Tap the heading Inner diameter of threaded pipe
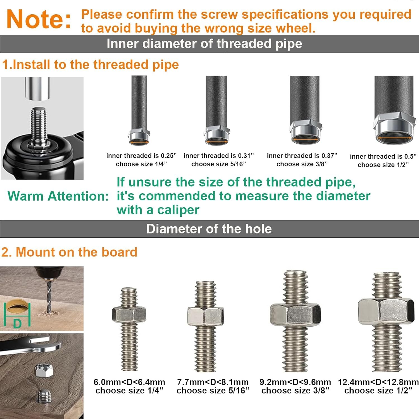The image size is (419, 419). (204, 44)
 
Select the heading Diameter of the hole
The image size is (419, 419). (209, 229)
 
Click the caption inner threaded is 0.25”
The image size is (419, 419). (142, 156)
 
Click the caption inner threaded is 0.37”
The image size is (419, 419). (302, 156)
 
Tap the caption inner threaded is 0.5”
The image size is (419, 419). (383, 156)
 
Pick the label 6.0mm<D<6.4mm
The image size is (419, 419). (129, 382)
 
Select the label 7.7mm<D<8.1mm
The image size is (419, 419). (213, 382)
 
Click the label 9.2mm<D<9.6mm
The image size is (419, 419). (295, 382)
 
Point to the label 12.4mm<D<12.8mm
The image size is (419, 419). (378, 382)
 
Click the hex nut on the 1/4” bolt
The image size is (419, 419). (129, 315)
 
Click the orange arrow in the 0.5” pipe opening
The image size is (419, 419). (394, 138)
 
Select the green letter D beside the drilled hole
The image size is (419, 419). (17, 324)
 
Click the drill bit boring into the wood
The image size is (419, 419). (49, 296)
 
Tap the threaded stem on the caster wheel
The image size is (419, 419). (39, 125)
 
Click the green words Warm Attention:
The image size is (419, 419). (58, 196)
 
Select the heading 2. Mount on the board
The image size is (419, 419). (69, 252)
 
